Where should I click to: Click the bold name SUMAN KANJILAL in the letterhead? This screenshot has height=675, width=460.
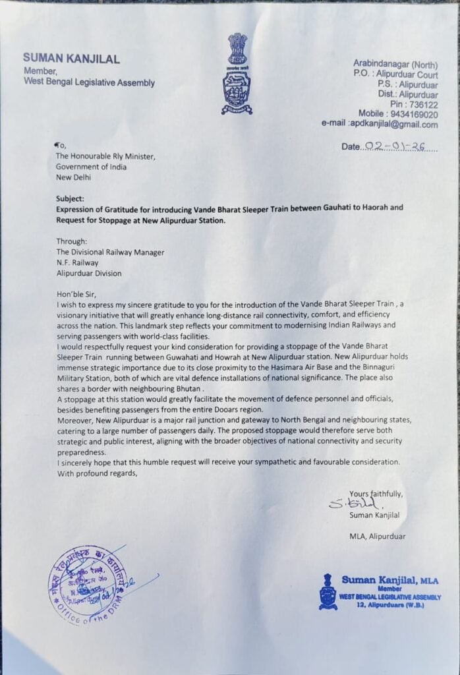tap(72, 59)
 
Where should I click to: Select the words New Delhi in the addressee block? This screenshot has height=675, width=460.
tap(74, 177)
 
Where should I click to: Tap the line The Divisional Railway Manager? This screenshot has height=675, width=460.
tap(110, 252)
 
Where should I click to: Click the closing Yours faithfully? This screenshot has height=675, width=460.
tap(376, 494)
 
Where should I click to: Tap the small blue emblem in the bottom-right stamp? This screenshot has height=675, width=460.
tap(328, 591)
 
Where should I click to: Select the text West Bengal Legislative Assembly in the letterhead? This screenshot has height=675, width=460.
tap(89, 82)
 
